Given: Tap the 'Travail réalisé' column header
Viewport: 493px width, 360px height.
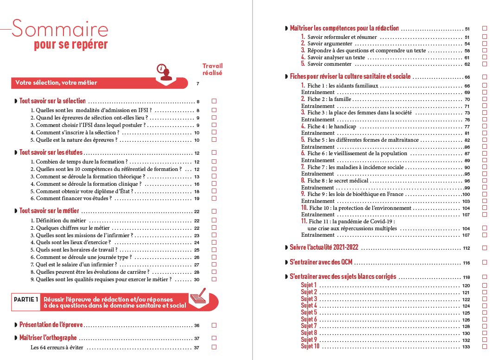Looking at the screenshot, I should pyautogui.click(x=213, y=69).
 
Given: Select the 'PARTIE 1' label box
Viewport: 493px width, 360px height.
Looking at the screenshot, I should pyautogui.click(x=26, y=299).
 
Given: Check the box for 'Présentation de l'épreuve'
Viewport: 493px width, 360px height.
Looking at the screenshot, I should pyautogui.click(x=214, y=325).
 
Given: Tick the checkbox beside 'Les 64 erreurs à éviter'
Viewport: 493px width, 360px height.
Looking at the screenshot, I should pyautogui.click(x=214, y=347).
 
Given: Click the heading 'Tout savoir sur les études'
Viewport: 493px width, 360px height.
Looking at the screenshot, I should pyautogui.click(x=51, y=152).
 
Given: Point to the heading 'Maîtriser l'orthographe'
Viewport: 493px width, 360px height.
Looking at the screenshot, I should pyautogui.click(x=48, y=338).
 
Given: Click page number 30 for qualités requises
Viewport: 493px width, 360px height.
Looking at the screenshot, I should pyautogui.click(x=196, y=280).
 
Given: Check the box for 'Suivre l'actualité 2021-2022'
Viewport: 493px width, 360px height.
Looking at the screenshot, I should pyautogui.click(x=485, y=248).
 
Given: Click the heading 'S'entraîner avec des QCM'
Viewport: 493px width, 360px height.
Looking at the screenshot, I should pyautogui.click(x=321, y=262).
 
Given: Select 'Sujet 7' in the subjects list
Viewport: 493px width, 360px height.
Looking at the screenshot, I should pyautogui.click(x=309, y=326).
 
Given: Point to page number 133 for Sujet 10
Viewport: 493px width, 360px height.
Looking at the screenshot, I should pyautogui.click(x=466, y=347).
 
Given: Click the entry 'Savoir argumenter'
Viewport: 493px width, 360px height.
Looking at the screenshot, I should pyautogui.click(x=330, y=44).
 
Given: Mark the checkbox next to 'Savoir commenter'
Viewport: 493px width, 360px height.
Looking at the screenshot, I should pyautogui.click(x=485, y=64).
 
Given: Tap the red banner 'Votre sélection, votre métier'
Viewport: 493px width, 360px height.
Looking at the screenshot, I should pyautogui.click(x=56, y=83).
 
